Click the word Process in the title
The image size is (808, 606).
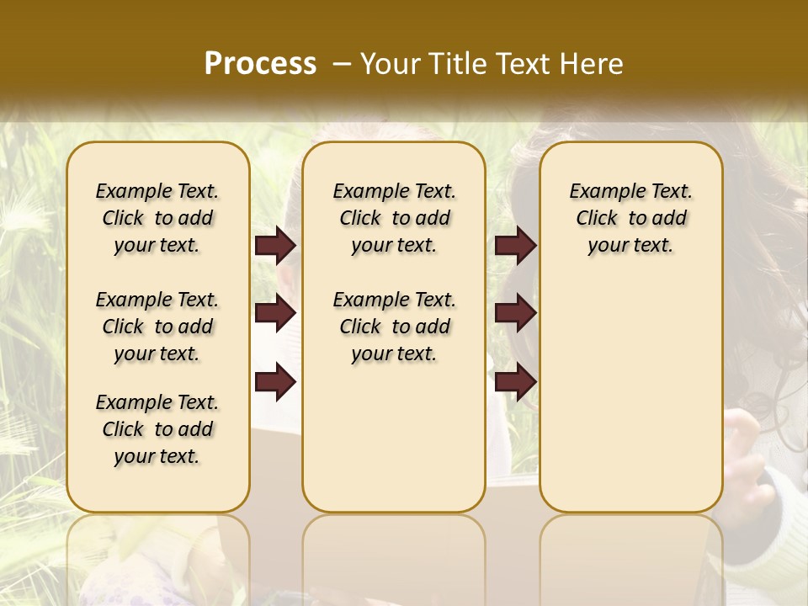tap(260, 64)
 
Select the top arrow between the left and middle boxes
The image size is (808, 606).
tap(275, 246)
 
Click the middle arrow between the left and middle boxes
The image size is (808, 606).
tap(275, 314)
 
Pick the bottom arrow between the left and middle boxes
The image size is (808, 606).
tap(275, 383)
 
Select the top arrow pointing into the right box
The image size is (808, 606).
tap(515, 246)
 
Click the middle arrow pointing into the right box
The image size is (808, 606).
tap(515, 314)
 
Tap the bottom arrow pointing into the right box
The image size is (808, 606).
tap(515, 383)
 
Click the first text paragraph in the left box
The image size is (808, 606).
tap(157, 218)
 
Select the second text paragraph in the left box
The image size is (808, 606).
tap(157, 327)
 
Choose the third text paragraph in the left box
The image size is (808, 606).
tap(157, 429)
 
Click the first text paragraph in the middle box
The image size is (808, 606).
tap(395, 218)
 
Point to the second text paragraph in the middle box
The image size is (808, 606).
tap(395, 327)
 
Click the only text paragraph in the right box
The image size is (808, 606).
tap(631, 218)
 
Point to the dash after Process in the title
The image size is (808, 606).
tap(342, 64)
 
